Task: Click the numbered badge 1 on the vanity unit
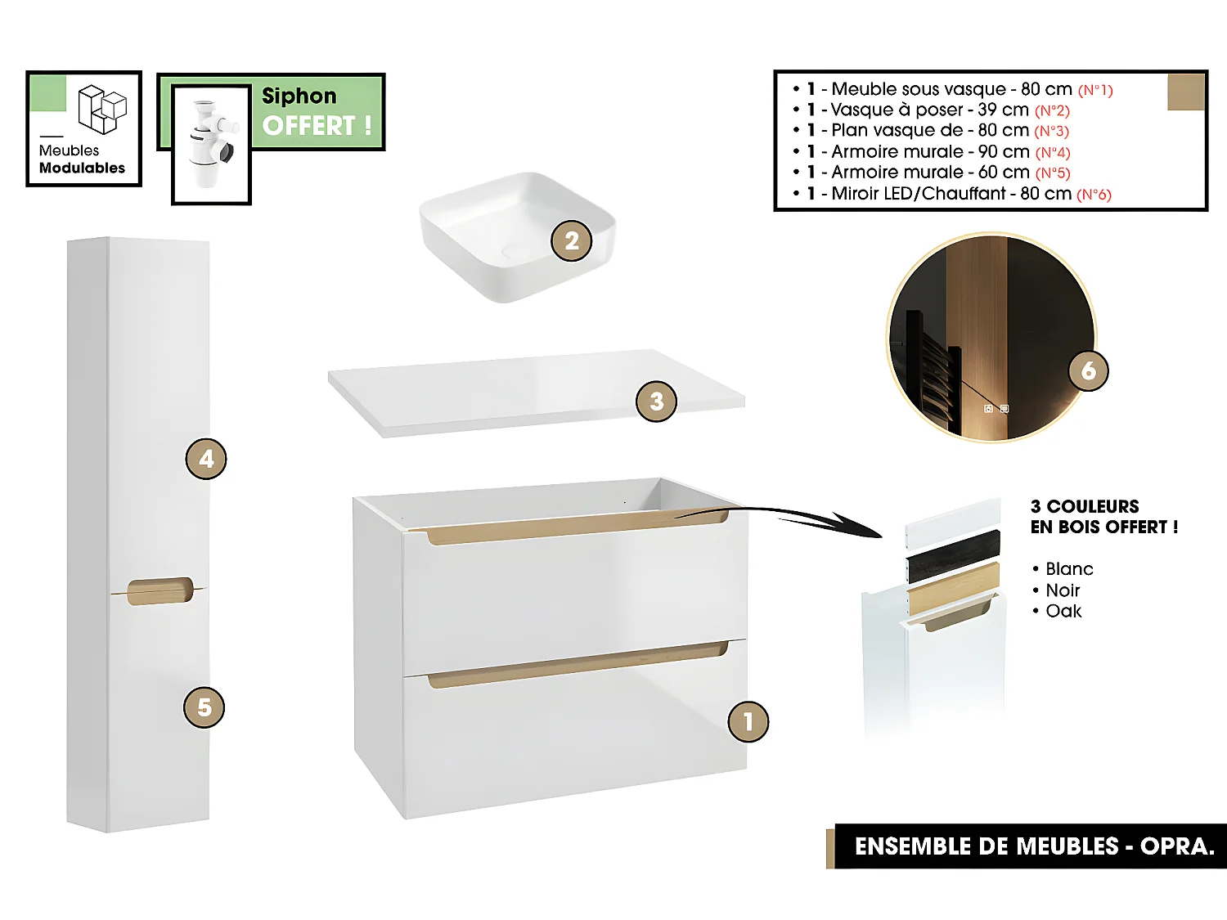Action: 748,721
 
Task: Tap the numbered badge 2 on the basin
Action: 571,241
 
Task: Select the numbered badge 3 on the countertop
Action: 656,402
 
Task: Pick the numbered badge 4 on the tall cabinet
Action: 206,459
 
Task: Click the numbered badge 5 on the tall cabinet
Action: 204,707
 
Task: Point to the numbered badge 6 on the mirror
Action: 1088,370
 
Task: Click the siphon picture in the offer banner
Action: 210,144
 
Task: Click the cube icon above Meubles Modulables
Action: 102,109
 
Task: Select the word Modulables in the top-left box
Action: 82,168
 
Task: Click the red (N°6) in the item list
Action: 1094,195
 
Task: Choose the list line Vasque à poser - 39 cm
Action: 929,110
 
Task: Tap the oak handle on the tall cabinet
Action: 160,591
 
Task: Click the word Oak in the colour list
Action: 1063,611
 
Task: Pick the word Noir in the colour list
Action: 1063,590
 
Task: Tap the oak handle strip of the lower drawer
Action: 577,666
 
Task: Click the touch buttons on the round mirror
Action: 996,409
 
